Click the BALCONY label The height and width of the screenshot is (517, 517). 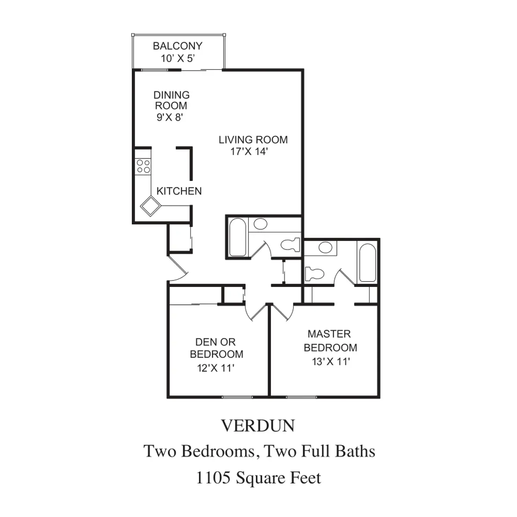coord(178,46)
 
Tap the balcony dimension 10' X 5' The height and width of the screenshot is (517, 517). coord(178,59)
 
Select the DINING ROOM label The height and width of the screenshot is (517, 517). coord(171,100)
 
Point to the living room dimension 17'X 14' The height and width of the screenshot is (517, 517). coord(249,152)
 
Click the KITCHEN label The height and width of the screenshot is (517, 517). coord(179,191)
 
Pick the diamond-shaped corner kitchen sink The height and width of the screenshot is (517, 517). coord(150,206)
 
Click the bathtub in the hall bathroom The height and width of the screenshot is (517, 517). coord(237,237)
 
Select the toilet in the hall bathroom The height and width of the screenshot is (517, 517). coord(290,245)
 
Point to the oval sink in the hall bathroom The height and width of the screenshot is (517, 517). coord(260,224)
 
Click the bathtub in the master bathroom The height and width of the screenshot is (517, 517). coord(368,262)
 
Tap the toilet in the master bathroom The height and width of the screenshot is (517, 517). coord(314,274)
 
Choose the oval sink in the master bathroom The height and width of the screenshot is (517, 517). coord(325,247)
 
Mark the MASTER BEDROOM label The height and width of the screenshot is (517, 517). coord(330,341)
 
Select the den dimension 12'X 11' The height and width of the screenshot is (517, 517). coord(216,368)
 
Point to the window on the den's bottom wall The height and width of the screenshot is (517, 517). coord(237,397)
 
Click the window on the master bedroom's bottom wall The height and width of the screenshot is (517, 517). coord(302,397)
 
